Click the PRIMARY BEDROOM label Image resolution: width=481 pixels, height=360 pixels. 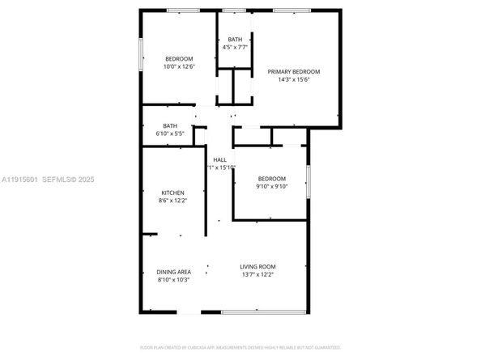pyautogui.click(x=294, y=72)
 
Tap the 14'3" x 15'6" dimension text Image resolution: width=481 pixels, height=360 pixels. pyautogui.click(x=294, y=80)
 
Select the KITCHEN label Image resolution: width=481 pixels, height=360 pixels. pyautogui.click(x=174, y=192)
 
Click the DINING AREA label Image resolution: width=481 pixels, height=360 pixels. pyautogui.click(x=172, y=272)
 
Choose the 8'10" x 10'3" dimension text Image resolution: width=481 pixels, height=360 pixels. pyautogui.click(x=172, y=280)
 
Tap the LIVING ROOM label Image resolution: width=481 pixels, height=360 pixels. pyautogui.click(x=258, y=267)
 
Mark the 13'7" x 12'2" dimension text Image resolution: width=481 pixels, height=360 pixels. pyautogui.click(x=258, y=275)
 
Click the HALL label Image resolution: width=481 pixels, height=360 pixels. pyautogui.click(x=219, y=159)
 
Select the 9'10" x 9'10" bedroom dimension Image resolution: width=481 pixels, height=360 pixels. pyautogui.click(x=271, y=186)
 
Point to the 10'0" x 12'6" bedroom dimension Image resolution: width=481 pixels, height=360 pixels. pyautogui.click(x=179, y=66)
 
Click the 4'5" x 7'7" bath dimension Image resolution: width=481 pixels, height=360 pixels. pyautogui.click(x=235, y=47)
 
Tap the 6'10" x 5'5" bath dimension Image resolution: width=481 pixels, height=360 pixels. pyautogui.click(x=170, y=133)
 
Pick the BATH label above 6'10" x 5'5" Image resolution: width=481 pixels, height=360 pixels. pyautogui.click(x=170, y=125)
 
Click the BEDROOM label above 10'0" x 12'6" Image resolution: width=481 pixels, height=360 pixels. pyautogui.click(x=179, y=58)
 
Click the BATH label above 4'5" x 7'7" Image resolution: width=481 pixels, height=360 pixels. pyautogui.click(x=235, y=39)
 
